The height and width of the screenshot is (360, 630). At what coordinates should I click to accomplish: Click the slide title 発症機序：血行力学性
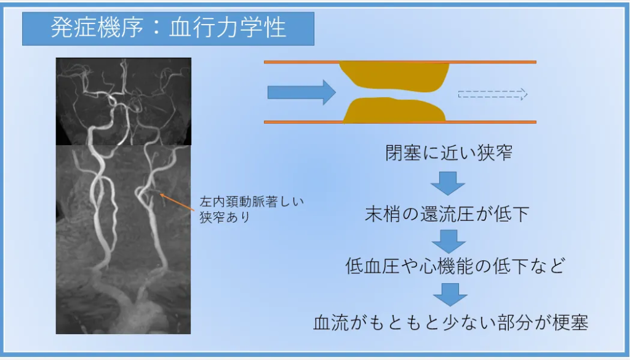click(169, 28)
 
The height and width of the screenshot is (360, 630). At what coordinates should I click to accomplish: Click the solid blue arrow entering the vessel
click(301, 92)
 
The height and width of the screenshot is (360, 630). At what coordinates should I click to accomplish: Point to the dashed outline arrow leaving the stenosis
click(493, 94)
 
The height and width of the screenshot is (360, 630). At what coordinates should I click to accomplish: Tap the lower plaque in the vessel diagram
click(394, 110)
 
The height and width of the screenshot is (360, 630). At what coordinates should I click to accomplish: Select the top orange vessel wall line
click(400, 62)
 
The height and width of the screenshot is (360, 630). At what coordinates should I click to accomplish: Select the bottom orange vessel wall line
click(400, 122)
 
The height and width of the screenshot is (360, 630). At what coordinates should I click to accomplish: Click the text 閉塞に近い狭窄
click(449, 153)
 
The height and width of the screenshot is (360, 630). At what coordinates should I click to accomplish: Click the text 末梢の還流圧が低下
click(447, 214)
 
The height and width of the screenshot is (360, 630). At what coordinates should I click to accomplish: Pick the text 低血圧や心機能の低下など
click(455, 266)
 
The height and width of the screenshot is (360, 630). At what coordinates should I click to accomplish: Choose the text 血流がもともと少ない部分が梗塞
click(451, 322)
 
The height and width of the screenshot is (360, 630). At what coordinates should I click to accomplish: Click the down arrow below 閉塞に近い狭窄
click(448, 183)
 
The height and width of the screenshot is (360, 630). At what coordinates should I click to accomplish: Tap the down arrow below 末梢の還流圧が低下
click(449, 241)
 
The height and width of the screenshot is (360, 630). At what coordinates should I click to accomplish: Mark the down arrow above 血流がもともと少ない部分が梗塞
click(450, 295)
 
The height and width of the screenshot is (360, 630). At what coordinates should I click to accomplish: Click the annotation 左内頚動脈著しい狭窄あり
click(252, 209)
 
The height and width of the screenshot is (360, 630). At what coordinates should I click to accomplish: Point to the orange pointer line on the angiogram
click(177, 202)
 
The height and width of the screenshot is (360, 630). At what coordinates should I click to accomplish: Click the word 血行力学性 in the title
click(228, 28)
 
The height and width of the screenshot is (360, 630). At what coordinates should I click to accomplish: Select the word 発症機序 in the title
click(97, 28)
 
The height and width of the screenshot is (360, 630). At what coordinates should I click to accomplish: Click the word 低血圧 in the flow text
click(372, 266)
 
